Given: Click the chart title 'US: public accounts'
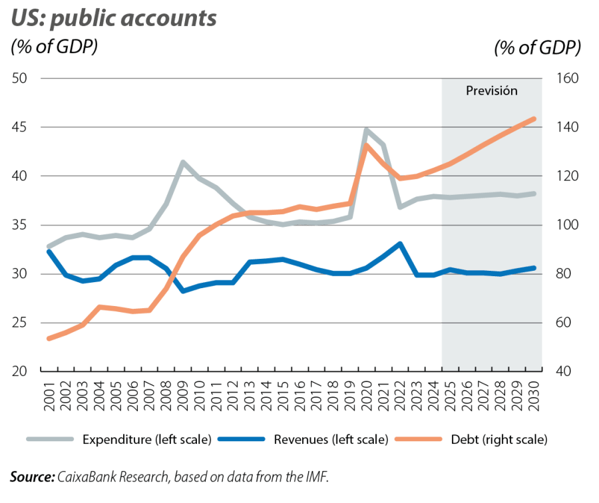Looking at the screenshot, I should coord(113,18).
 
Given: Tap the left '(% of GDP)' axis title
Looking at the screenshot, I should coord(54,48).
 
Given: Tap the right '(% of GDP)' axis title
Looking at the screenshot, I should coord(537,48).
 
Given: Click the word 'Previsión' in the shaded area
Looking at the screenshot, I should coord(491,91).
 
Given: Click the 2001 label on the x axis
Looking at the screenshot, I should coord(49,397).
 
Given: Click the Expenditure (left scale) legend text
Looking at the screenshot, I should coord(146,440).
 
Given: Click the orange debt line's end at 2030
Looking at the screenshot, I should coord(534,118).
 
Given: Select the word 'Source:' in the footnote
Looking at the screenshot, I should coord(32,477).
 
